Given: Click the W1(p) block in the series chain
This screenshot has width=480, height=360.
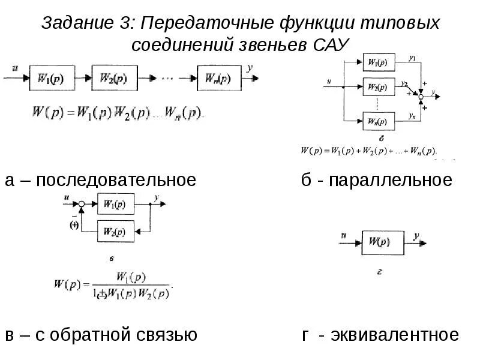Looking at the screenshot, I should click(x=52, y=78).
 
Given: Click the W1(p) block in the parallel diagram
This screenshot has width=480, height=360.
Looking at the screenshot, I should click(x=378, y=62).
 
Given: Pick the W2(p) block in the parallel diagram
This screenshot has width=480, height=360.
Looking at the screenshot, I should click(x=378, y=88).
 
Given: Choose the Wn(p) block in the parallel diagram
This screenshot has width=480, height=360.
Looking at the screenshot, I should click(x=378, y=122).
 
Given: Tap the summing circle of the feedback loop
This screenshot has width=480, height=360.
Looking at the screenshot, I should click(x=82, y=205).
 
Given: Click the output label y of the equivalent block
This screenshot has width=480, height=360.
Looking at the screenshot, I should click(x=416, y=236).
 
